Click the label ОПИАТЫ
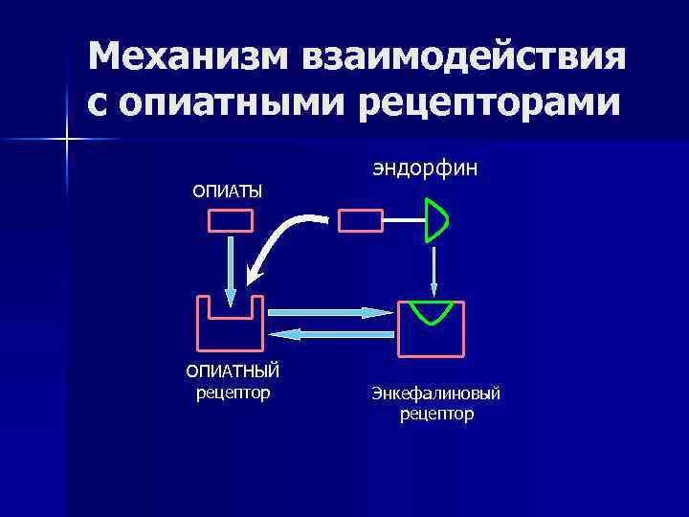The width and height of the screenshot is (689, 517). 228,192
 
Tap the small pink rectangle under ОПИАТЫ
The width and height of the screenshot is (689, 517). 231,221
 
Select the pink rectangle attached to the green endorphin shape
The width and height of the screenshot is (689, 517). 360,221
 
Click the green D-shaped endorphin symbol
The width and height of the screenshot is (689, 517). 436,219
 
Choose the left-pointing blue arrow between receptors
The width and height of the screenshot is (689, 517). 330,333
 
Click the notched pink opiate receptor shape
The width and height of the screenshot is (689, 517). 230,326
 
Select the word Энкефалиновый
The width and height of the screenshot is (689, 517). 436,394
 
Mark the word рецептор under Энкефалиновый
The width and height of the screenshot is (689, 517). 436,415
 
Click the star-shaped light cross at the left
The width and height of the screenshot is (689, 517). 67,140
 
